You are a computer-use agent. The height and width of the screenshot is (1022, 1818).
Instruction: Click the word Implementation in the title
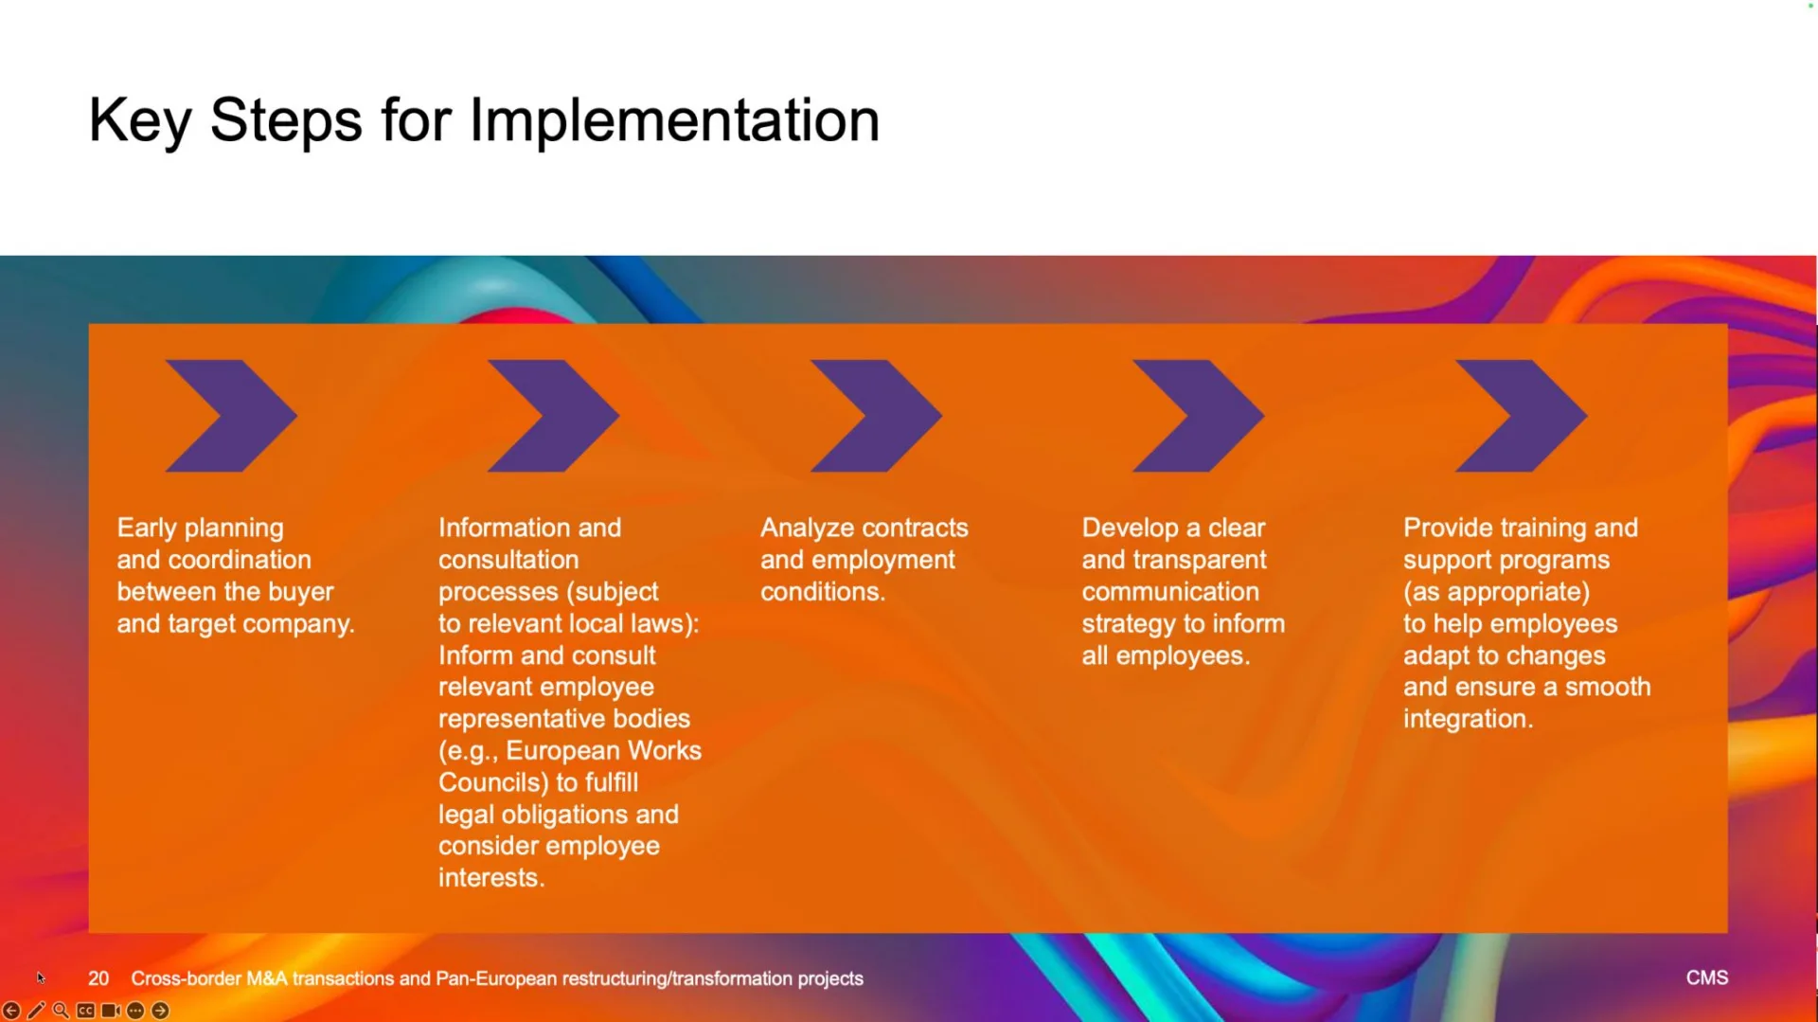coord(674,121)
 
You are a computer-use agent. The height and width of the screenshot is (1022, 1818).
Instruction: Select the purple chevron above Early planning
coord(231,416)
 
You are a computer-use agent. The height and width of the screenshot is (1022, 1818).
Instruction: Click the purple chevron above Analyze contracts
coord(876,416)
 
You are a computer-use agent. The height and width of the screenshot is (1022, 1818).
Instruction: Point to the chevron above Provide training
coord(1521,416)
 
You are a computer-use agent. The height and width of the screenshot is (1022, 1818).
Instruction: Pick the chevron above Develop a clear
coord(1198,416)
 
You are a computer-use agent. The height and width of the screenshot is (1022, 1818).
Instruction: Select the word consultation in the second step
coord(508,560)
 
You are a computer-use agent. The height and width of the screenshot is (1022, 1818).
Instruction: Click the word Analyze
coord(806,529)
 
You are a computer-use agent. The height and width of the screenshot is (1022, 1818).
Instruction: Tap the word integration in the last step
coord(1468,719)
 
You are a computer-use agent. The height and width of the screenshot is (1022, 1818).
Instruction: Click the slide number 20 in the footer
coord(98,978)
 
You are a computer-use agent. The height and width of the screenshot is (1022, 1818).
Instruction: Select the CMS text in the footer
coord(1707,977)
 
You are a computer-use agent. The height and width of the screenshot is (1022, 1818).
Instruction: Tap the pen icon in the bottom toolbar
coord(36,1011)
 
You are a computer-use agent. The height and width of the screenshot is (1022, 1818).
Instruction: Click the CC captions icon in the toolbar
coord(85,1011)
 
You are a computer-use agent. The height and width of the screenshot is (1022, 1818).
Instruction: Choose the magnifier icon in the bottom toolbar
coord(61,1011)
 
